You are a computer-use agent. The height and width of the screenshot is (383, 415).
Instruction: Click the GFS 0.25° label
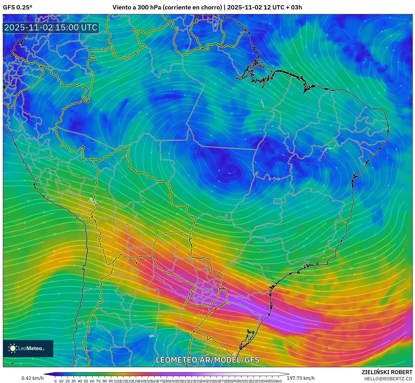point(17,7)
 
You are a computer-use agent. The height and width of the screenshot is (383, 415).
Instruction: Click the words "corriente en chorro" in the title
point(192,7)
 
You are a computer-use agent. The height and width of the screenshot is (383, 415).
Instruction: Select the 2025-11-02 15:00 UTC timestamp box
point(51,28)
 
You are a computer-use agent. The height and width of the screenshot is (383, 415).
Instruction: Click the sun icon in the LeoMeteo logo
point(13,348)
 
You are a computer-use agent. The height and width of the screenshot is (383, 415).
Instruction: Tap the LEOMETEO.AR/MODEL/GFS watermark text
point(207,360)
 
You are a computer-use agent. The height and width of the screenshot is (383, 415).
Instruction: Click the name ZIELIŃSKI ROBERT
point(387,372)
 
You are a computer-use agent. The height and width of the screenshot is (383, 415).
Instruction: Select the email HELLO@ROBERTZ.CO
point(388,379)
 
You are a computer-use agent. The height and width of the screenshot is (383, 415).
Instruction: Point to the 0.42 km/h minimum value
point(33,378)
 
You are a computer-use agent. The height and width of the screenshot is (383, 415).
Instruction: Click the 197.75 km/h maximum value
point(300,378)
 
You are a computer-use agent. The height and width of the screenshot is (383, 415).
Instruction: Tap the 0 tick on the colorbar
point(55,381)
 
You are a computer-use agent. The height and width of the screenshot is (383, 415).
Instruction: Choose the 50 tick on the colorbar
point(86,381)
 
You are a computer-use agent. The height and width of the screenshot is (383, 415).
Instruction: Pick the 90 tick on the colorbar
point(111,381)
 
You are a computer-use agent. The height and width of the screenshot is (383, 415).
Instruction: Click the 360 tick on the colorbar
point(278,381)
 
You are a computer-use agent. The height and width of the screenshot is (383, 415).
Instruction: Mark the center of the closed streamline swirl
point(230,172)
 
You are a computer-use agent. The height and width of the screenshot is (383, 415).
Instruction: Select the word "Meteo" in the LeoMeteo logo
point(35,349)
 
